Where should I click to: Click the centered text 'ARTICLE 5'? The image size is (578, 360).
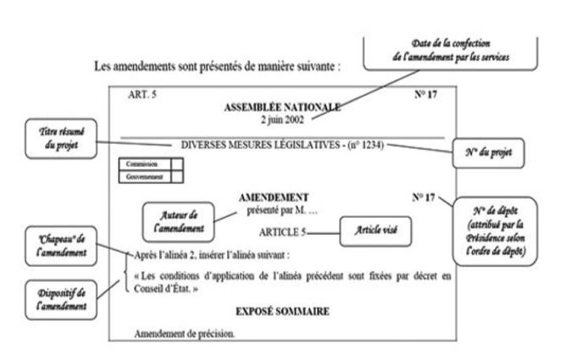point(281,230)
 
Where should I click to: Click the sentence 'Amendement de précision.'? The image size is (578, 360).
point(184,333)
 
